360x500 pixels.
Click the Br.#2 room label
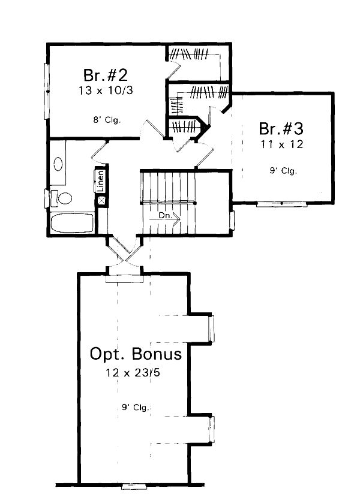tap(105, 76)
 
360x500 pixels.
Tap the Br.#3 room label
tap(281, 129)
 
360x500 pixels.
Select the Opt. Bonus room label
tap(136, 354)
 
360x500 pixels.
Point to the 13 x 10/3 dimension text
tap(105, 92)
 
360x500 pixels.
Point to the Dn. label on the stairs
tap(165, 215)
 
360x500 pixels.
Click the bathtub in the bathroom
tap(72, 224)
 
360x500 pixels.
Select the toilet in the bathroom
tap(62, 197)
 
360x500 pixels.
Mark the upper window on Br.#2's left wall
tap(46, 77)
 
